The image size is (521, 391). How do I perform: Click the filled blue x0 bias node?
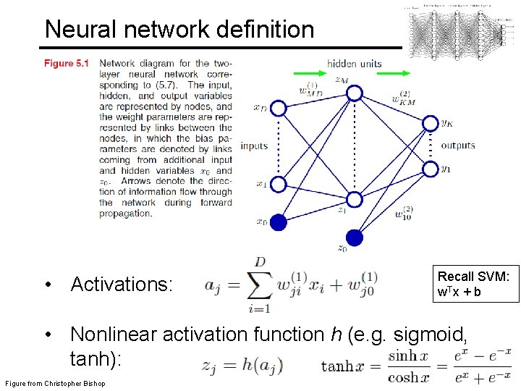278,222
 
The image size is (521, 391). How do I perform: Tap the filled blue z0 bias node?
354,237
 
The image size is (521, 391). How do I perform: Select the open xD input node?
278,108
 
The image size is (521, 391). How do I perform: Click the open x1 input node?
278,184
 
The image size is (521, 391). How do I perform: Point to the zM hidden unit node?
354,93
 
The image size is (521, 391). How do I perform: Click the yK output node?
430,123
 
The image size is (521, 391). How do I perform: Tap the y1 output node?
430,169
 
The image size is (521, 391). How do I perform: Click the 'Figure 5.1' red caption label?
66,64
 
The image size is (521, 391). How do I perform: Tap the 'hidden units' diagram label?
354,64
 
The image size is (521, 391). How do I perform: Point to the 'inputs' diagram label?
254,146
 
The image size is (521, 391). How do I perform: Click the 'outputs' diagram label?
458,145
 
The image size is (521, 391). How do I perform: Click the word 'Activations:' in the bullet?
122,285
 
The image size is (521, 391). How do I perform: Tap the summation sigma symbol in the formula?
260,287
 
